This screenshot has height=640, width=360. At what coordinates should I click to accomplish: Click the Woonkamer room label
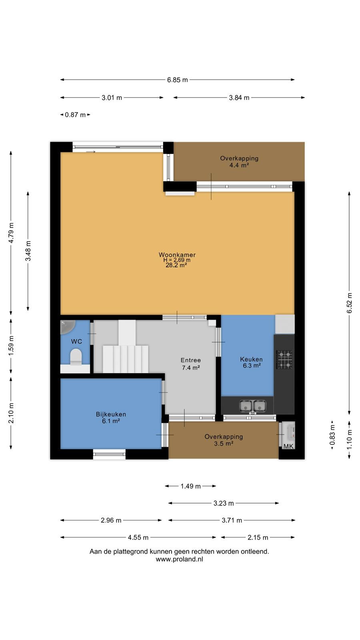177,254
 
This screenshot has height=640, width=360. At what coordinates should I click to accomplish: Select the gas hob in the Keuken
284,360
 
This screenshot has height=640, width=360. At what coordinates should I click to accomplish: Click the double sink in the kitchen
252,406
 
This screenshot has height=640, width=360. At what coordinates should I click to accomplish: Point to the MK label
288,446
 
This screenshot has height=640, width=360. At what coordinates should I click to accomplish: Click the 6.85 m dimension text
178,80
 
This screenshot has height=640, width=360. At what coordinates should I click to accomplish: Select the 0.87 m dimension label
75,115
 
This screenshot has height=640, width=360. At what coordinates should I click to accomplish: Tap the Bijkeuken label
111,414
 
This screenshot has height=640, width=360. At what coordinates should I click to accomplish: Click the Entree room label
190,360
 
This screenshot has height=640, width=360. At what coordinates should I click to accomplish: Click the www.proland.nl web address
180,560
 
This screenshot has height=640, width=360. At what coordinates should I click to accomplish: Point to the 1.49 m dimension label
190,486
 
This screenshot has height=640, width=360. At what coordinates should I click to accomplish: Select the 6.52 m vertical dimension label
350,303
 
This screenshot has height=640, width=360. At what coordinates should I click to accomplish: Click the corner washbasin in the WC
67,326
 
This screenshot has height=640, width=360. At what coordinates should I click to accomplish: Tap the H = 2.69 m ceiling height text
177,260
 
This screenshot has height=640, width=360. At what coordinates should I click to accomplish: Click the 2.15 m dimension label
258,538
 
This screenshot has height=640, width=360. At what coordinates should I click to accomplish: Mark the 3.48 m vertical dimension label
28,251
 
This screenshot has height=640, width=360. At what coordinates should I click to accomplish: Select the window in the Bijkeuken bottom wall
110,454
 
